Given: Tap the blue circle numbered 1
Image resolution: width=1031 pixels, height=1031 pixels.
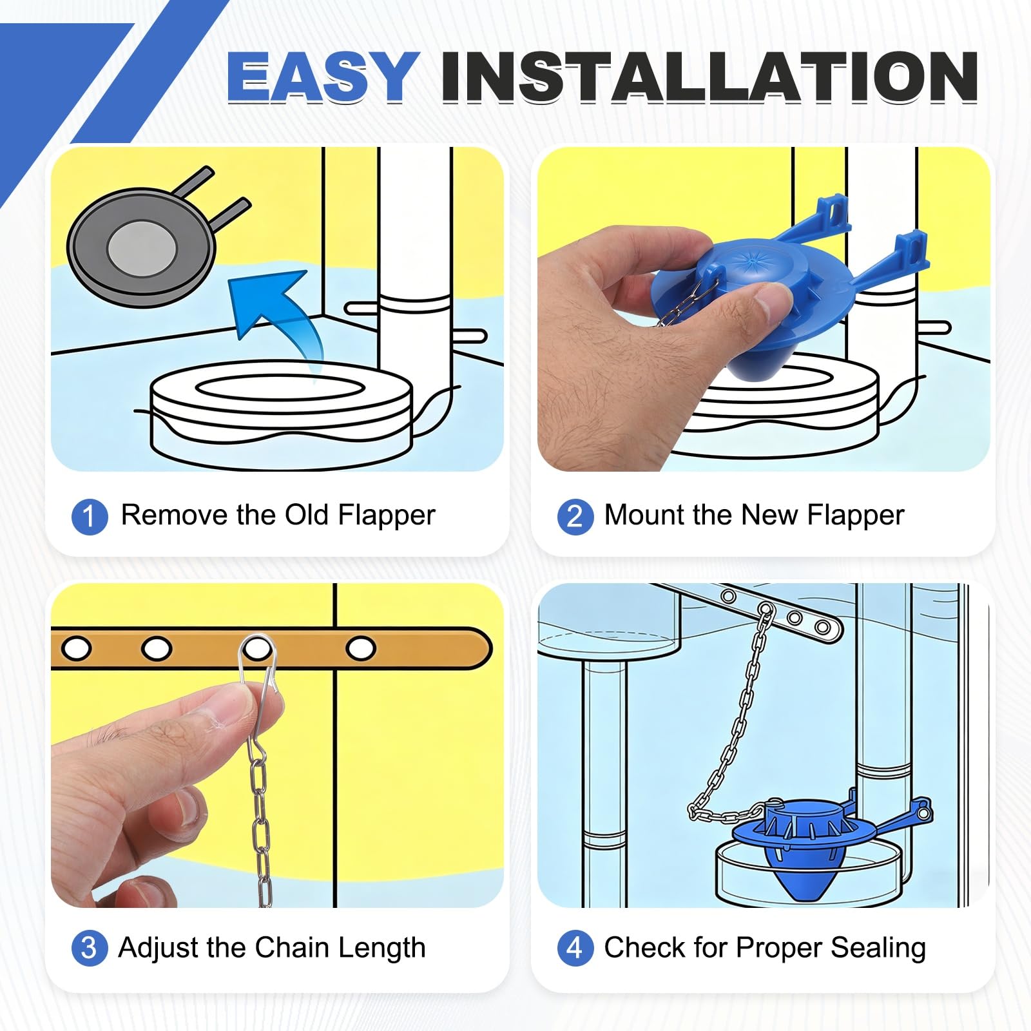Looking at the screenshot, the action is tap(89, 517).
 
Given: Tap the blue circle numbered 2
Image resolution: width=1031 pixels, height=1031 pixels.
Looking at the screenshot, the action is tap(575, 517).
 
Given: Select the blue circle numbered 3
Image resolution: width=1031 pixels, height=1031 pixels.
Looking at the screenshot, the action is tap(89, 949).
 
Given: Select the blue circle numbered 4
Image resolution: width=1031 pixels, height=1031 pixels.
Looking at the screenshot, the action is tap(575, 949).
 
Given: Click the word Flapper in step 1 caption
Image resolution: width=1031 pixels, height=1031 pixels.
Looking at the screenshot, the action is tap(387, 515).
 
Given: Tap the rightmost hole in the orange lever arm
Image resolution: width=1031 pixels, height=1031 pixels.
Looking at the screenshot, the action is tap(361, 648).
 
